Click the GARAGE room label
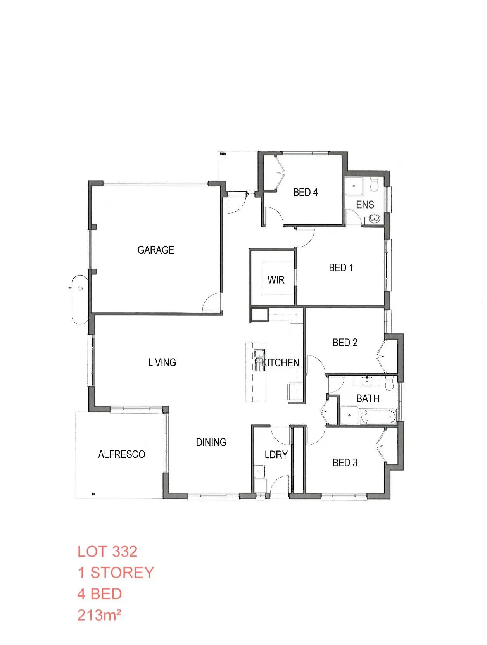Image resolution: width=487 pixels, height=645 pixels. [x=155, y=250]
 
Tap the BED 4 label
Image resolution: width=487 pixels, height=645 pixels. [x=305, y=192]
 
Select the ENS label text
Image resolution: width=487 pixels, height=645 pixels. [x=365, y=205]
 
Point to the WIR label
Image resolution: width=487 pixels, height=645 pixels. [x=276, y=280]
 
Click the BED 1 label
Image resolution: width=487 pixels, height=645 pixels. [x=341, y=268]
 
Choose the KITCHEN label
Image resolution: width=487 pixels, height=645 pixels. [x=281, y=363]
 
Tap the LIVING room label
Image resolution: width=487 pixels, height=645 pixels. [x=162, y=362]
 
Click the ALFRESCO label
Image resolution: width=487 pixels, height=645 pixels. [x=121, y=454]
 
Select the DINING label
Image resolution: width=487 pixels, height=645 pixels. [x=211, y=442]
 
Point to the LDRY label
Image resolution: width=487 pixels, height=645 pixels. [x=276, y=455]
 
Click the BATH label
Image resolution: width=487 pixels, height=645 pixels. [x=368, y=398]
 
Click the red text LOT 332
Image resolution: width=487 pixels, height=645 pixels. [x=107, y=552]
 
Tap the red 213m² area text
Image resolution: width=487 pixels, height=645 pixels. [x=99, y=615]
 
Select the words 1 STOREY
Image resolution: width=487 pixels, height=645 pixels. [x=116, y=573]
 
